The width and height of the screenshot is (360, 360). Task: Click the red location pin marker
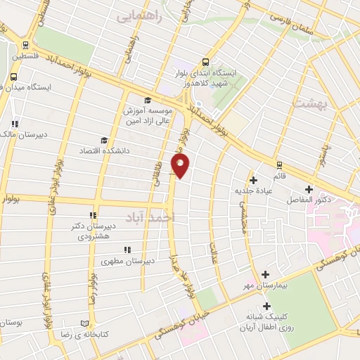181,167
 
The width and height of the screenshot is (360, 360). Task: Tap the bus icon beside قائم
280,165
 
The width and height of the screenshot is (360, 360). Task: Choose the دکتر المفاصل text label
311,200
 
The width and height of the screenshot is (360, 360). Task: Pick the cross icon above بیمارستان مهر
265,274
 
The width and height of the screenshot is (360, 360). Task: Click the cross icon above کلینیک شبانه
266,306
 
